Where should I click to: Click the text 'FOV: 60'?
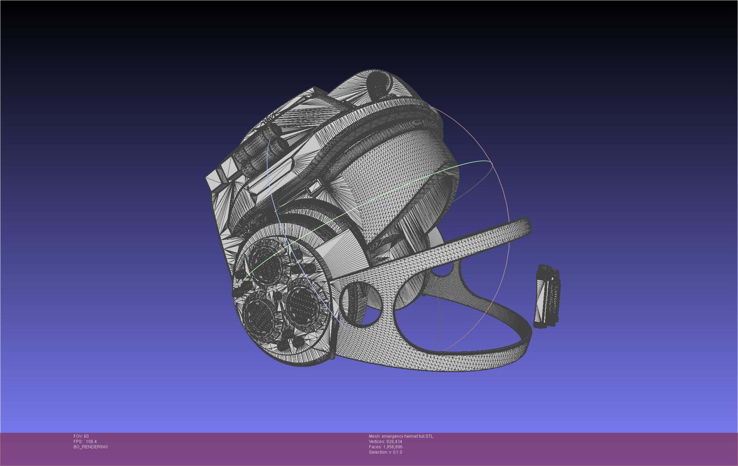click(x=81, y=436)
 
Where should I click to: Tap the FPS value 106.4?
click(x=91, y=442)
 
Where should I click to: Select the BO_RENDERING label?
click(x=90, y=447)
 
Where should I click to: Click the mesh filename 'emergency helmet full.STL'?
click(x=407, y=436)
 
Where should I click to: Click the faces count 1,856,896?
click(x=392, y=447)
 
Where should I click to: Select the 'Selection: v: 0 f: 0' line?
click(x=385, y=452)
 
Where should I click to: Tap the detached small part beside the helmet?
click(x=546, y=297)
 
